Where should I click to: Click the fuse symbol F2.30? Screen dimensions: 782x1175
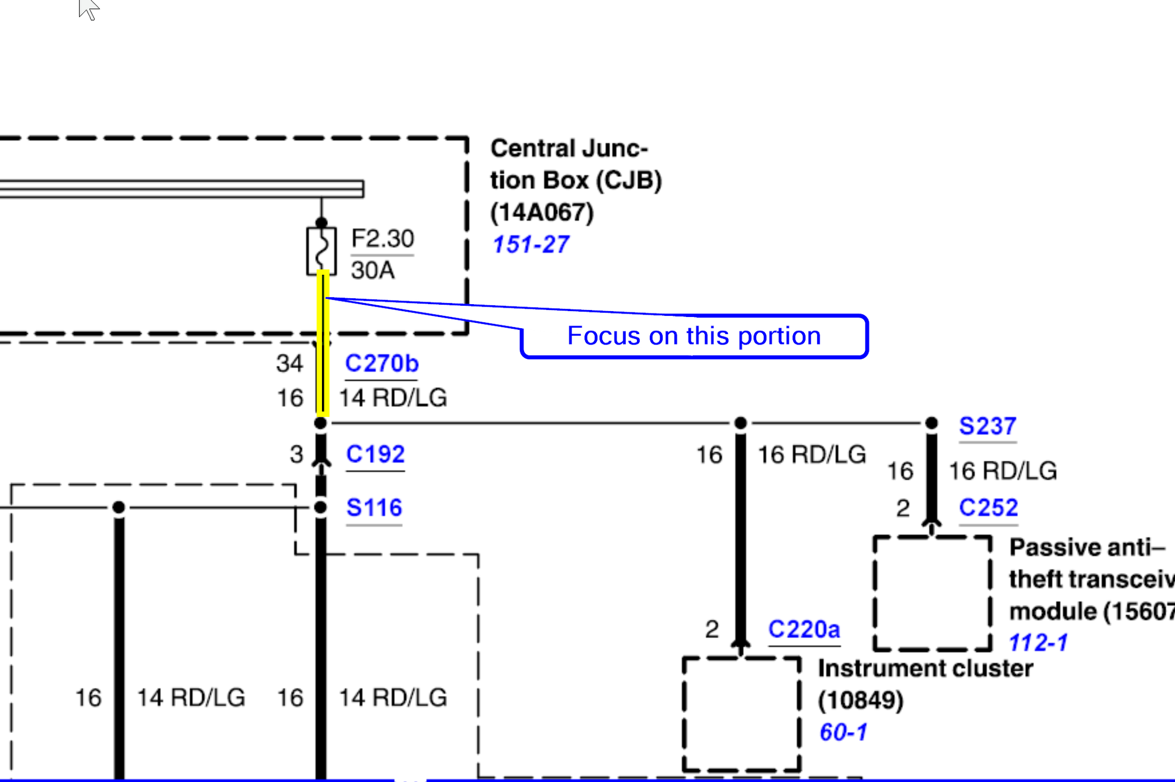pyautogui.click(x=321, y=251)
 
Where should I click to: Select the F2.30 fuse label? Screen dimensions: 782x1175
pyautogui.click(x=382, y=239)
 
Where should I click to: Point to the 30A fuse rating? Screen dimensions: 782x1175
pyautogui.click(x=372, y=271)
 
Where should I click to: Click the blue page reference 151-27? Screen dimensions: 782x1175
pyautogui.click(x=531, y=245)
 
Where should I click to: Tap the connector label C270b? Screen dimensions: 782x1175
pyautogui.click(x=382, y=363)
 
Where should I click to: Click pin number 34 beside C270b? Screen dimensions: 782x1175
pyautogui.click(x=290, y=363)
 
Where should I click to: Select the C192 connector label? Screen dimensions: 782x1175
pyautogui.click(x=375, y=454)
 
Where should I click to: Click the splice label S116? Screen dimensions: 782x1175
pyautogui.click(x=374, y=508)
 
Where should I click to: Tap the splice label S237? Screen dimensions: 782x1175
pyautogui.click(x=988, y=426)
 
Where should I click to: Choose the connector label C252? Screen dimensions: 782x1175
pyautogui.click(x=988, y=508)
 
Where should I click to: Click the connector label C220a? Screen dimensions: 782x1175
pyautogui.click(x=804, y=629)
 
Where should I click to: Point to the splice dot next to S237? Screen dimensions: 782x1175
pyautogui.click(x=932, y=423)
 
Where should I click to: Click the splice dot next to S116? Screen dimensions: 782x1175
pyautogui.click(x=321, y=507)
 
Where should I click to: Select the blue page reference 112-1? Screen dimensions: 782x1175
pyautogui.click(x=1038, y=643)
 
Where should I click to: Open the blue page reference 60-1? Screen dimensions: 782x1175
pyautogui.click(x=843, y=733)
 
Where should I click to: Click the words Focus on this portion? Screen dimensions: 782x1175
pyautogui.click(x=694, y=336)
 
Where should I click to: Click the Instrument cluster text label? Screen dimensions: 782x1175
pyautogui.click(x=925, y=669)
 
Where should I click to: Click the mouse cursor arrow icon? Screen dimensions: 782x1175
pyautogui.click(x=88, y=9)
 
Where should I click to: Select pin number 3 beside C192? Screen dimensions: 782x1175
pyautogui.click(x=297, y=454)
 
